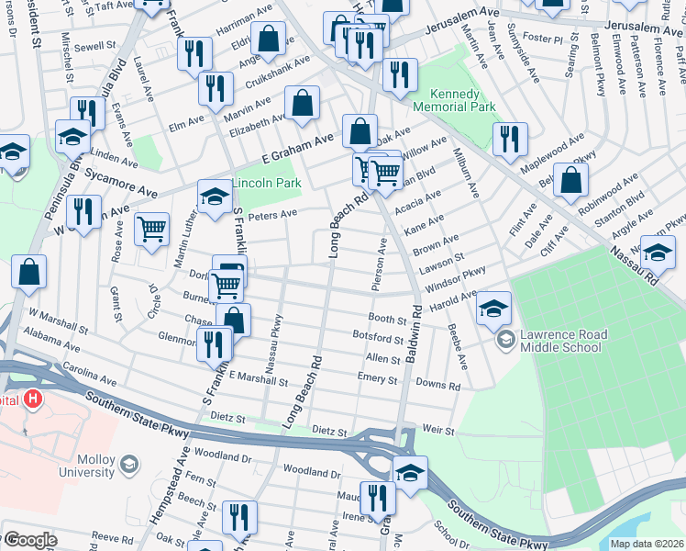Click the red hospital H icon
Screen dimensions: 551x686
33,399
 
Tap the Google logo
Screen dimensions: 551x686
29,540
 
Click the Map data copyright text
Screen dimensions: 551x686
647,544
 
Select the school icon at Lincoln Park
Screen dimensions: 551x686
215,196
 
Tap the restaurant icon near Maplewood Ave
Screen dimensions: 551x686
509,138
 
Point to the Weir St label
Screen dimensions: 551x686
438,429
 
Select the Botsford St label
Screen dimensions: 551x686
378,338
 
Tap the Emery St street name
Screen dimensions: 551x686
377,378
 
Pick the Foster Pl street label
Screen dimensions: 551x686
544,39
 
